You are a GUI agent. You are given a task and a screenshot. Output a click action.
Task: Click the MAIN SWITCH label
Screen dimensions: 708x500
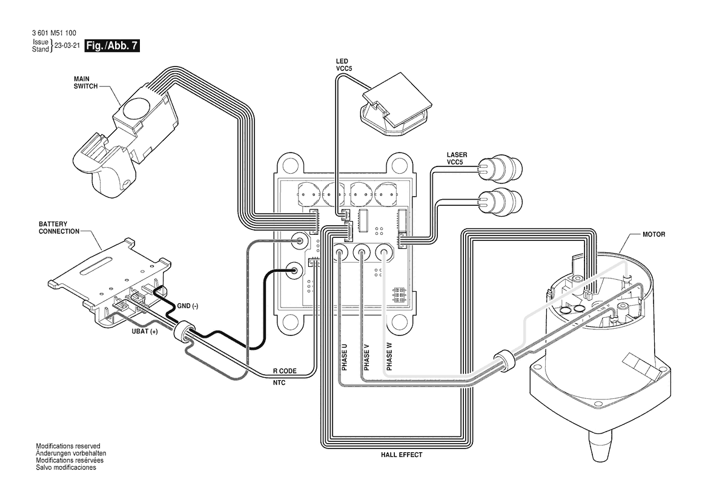pyautogui.click(x=86, y=82)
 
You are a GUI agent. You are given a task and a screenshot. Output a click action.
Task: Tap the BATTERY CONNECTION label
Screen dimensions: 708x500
pyautogui.click(x=59, y=228)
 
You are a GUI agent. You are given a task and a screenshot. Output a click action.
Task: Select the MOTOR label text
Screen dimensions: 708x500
pyautogui.click(x=654, y=234)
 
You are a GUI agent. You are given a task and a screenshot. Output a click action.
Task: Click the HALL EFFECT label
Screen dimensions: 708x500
pyautogui.click(x=402, y=455)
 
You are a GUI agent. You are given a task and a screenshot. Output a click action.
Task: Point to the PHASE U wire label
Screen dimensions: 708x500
pyautogui.click(x=345, y=357)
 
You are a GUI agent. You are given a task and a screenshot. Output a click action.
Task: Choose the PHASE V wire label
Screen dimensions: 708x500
pyautogui.click(x=366, y=357)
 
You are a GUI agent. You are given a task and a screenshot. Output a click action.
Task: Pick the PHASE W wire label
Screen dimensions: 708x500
pyautogui.click(x=389, y=357)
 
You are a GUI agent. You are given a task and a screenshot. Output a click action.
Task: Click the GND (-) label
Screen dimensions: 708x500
pyautogui.click(x=187, y=306)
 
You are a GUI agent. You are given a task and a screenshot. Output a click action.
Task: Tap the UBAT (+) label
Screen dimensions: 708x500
pyautogui.click(x=145, y=332)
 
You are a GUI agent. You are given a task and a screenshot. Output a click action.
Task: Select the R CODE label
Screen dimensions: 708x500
pyautogui.click(x=285, y=371)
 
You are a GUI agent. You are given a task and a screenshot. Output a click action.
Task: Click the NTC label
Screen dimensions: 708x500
pyautogui.click(x=279, y=383)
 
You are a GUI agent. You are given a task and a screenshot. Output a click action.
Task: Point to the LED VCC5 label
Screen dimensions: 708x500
pyautogui.click(x=343, y=65)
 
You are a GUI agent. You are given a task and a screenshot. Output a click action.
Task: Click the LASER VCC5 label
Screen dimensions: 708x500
pyautogui.click(x=457, y=159)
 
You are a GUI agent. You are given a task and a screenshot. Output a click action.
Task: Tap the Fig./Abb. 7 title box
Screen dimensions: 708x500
pyautogui.click(x=112, y=45)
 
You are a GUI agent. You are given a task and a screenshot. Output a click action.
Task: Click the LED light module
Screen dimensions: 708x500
pyautogui.click(x=396, y=104)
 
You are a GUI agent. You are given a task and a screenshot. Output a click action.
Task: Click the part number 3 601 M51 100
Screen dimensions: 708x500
pyautogui.click(x=54, y=33)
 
